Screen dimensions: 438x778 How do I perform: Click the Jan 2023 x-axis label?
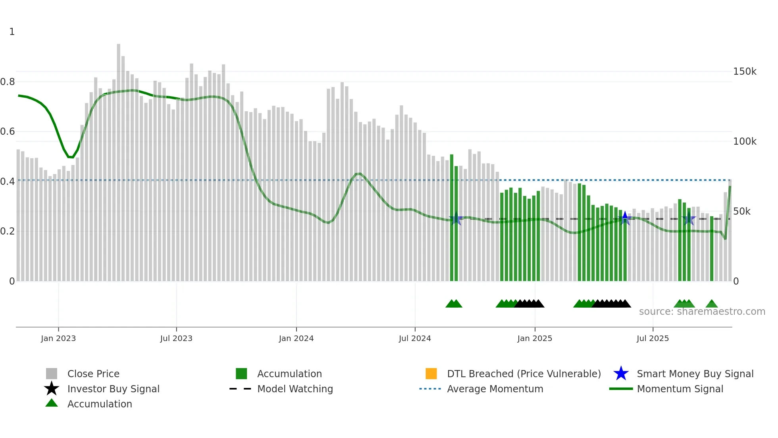coord(58,338)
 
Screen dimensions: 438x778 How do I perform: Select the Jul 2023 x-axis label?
coord(176,338)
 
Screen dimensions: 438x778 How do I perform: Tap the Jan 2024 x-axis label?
coord(296,338)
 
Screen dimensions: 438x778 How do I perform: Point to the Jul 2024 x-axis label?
coord(415,338)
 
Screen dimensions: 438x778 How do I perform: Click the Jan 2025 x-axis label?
coord(535,338)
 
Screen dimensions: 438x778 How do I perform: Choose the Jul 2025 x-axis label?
coord(653,338)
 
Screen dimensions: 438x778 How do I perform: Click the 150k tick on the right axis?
coord(745,72)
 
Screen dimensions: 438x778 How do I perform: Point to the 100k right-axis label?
coord(745,141)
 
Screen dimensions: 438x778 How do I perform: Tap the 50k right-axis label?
coord(741,211)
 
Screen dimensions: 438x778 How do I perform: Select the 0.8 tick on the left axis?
coord(8,82)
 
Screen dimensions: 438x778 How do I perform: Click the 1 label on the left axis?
coord(12,32)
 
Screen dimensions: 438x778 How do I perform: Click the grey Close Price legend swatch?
coord(52,374)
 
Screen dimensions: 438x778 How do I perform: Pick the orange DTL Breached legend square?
coord(431,374)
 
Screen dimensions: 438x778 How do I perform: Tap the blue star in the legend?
coord(621,374)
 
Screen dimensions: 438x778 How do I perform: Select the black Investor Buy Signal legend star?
coord(52,389)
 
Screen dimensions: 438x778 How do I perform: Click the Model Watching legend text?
coord(295,389)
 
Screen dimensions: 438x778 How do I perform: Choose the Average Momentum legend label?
coord(495,389)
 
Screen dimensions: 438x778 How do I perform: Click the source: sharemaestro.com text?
coord(702,312)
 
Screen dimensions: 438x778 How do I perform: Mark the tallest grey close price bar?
coord(118,159)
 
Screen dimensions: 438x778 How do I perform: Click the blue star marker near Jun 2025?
coord(625,218)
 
